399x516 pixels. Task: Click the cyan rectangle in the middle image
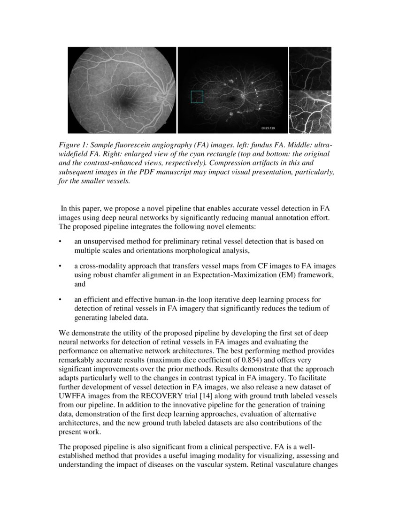click(197, 97)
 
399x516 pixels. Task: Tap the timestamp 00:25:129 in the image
click(268, 128)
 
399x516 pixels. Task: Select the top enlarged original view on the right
click(310, 68)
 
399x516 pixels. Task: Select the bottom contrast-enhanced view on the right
click(310, 112)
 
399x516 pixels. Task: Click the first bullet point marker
click(60, 242)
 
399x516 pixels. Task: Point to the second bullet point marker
click(60, 266)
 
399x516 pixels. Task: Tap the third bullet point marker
click(60, 299)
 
